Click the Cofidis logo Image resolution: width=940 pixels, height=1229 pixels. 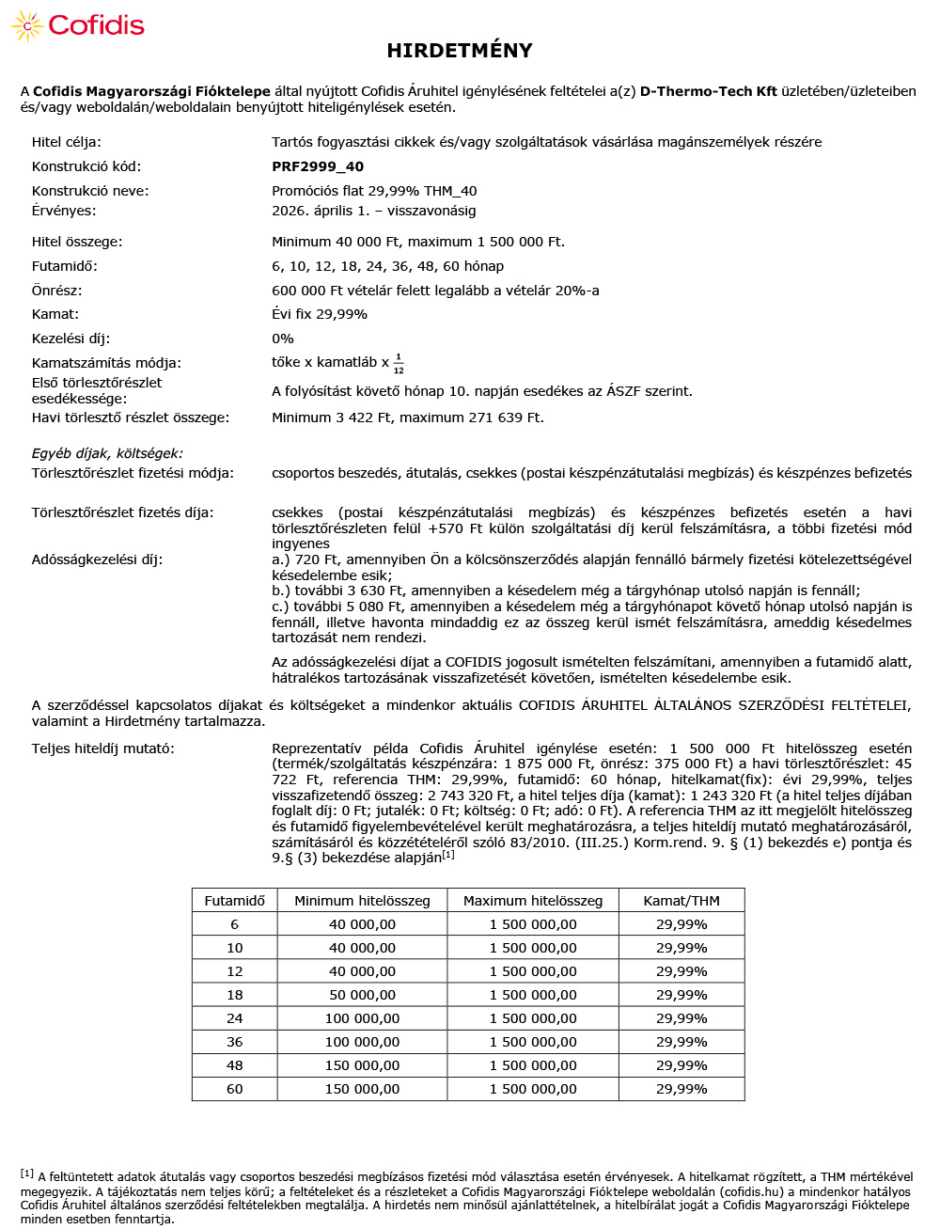point(78,25)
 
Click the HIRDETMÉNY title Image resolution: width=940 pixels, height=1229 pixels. point(460,51)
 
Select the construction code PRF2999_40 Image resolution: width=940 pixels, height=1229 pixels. point(318,166)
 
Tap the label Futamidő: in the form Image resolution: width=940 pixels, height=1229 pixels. point(64,266)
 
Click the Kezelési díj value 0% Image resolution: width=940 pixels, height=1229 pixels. point(283,339)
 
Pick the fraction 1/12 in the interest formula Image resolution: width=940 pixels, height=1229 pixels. point(399,363)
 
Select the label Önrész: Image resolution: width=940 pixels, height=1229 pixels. point(56,291)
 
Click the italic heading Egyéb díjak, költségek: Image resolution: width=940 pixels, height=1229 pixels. point(107,453)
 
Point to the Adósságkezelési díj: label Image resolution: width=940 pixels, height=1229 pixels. point(97,559)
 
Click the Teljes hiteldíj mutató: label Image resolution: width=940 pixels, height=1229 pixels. point(103,748)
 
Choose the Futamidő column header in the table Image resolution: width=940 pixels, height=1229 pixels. point(235,901)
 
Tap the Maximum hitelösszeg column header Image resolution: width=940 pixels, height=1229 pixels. point(533,901)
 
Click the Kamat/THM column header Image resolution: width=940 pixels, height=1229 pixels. point(681,901)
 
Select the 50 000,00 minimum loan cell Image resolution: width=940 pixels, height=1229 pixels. point(362,995)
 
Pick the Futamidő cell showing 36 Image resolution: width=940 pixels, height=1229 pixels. point(235,1042)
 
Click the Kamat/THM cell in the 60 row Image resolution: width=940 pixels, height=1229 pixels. point(681,1089)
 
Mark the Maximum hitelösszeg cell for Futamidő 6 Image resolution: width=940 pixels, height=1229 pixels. point(533,924)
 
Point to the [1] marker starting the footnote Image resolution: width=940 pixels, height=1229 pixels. point(27,1174)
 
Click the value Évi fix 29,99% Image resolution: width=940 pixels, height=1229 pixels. point(320,314)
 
